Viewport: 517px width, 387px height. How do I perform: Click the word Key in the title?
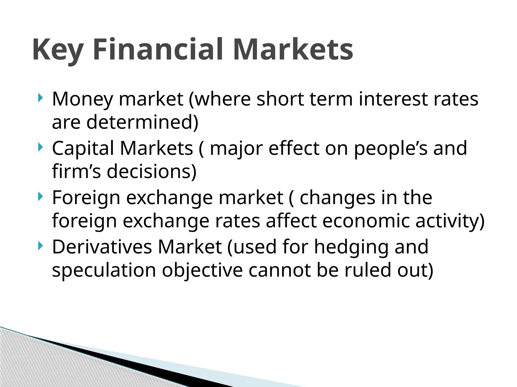(58, 50)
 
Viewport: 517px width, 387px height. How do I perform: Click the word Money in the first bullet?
(82, 99)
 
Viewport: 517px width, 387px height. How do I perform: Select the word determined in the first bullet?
(143, 122)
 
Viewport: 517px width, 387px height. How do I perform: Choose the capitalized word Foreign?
(86, 198)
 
